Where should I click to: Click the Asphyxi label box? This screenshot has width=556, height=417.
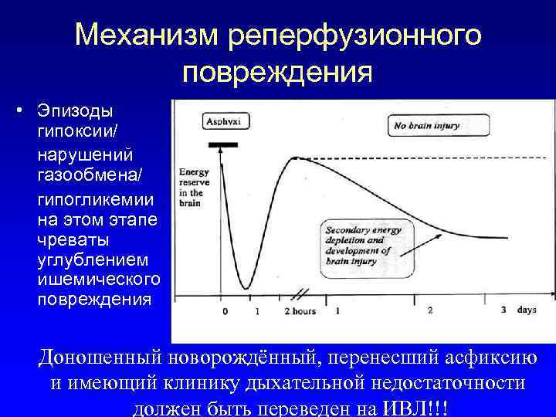pos(221,121)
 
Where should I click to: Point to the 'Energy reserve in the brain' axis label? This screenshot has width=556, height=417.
pos(192,188)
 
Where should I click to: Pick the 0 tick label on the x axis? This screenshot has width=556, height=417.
pos(225,311)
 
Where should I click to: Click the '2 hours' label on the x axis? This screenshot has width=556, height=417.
pos(300,311)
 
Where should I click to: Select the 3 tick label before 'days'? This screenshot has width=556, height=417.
pos(503,310)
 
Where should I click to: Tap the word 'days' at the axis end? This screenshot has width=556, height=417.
pos(527,310)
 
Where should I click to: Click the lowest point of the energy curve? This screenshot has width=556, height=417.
pos(246,288)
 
